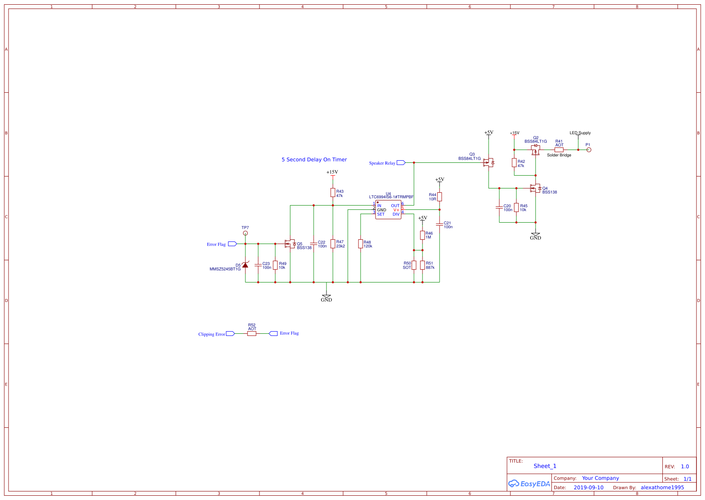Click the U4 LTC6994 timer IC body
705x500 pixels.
388,210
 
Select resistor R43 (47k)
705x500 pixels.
333,193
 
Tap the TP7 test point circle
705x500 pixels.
245,233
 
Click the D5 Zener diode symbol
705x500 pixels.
245,265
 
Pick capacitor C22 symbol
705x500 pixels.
314,244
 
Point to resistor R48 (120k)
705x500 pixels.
361,244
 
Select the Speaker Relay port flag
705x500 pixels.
401,163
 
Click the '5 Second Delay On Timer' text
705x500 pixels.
314,160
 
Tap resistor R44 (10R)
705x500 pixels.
440,197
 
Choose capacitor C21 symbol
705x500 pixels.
440,224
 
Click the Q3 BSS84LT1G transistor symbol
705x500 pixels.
489,162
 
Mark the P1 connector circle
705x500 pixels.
589,150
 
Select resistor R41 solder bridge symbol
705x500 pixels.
559,150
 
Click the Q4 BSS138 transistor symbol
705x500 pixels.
535,188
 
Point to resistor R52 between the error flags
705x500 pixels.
252,333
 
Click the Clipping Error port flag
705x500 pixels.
230,334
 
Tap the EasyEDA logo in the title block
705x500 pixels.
529,484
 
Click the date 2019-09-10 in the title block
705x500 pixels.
588,488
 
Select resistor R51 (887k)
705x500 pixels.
422,265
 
